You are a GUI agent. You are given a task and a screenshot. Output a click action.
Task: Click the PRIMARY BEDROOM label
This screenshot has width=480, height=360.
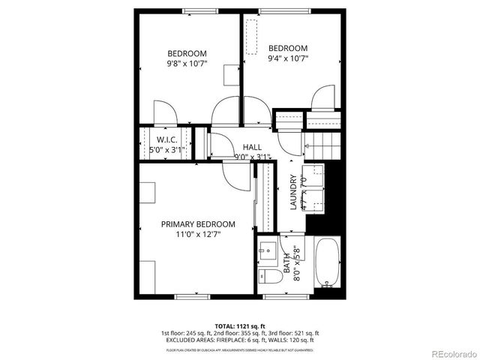click(x=198, y=224)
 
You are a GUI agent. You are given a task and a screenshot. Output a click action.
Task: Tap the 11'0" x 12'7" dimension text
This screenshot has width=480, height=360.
click(x=198, y=234)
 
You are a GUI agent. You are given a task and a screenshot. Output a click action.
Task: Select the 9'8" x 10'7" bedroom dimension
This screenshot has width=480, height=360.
click(x=187, y=64)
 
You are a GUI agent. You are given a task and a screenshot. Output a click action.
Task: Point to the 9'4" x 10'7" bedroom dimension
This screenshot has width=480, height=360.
click(x=289, y=58)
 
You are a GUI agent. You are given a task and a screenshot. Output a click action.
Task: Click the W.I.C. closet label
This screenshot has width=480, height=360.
click(x=166, y=139)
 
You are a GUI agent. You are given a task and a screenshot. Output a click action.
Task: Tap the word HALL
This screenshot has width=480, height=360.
click(x=252, y=148)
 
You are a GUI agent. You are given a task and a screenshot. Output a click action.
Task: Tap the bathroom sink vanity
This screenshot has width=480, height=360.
click(x=268, y=250)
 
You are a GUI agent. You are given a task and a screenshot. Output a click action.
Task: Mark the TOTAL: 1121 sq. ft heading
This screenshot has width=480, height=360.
click(x=239, y=326)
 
